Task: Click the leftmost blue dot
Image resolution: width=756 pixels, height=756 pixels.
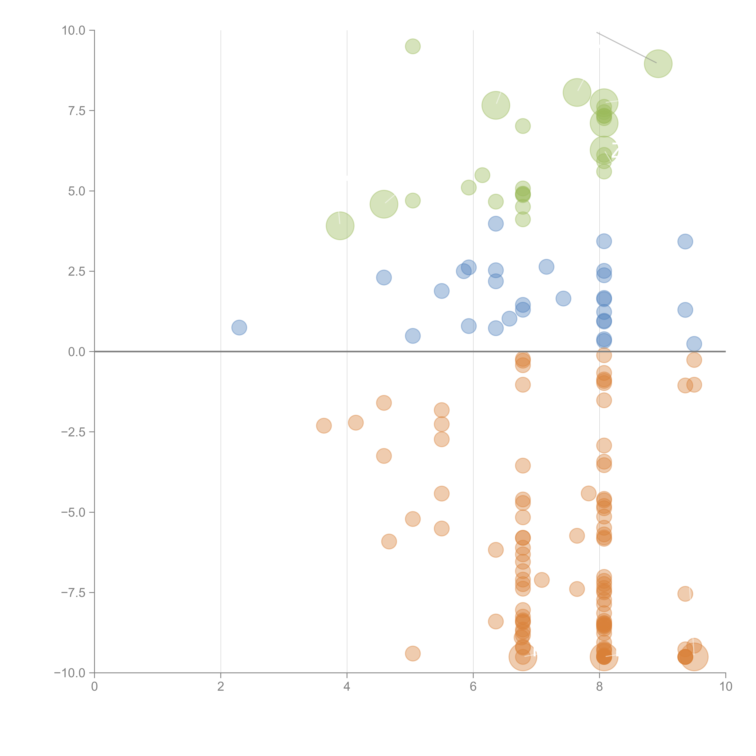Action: tap(239, 327)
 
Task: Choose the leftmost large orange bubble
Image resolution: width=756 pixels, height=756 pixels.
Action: tap(523, 657)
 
